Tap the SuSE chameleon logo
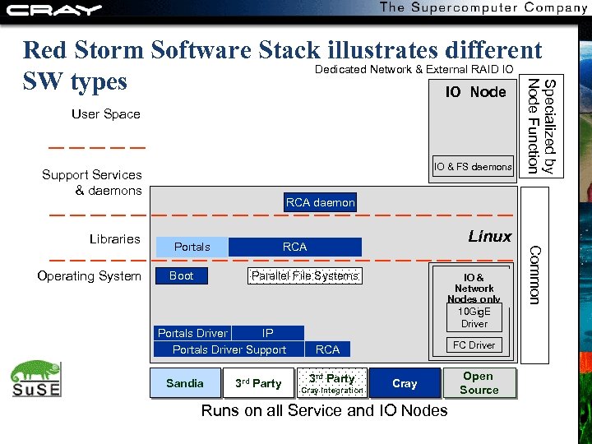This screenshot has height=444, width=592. pyautogui.click(x=36, y=379)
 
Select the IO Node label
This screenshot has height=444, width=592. pyautogui.click(x=475, y=92)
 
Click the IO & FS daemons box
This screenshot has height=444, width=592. pyautogui.click(x=473, y=167)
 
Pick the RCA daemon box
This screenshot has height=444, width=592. pyautogui.click(x=320, y=202)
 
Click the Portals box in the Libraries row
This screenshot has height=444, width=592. pyautogui.click(x=192, y=247)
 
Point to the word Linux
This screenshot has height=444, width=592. pyautogui.click(x=489, y=237)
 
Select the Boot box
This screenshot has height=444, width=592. pyautogui.click(x=181, y=275)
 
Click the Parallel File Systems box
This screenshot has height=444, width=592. pyautogui.click(x=305, y=275)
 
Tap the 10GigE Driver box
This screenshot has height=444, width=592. pyautogui.click(x=474, y=317)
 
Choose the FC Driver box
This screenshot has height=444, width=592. pyautogui.click(x=474, y=345)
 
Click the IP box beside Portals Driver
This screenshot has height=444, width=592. pyautogui.click(x=268, y=333)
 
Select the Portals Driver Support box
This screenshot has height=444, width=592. pyautogui.click(x=229, y=349)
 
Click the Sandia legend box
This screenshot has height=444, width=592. pyautogui.click(x=185, y=383)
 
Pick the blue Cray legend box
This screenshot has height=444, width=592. pyautogui.click(x=405, y=383)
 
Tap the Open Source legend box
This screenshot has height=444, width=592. pyautogui.click(x=479, y=383)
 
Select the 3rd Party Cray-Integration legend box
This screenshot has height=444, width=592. pyautogui.click(x=331, y=383)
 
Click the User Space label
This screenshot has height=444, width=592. pyautogui.click(x=106, y=114)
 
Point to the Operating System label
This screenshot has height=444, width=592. pyautogui.click(x=89, y=276)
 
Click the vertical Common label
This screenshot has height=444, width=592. pyautogui.click(x=534, y=275)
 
